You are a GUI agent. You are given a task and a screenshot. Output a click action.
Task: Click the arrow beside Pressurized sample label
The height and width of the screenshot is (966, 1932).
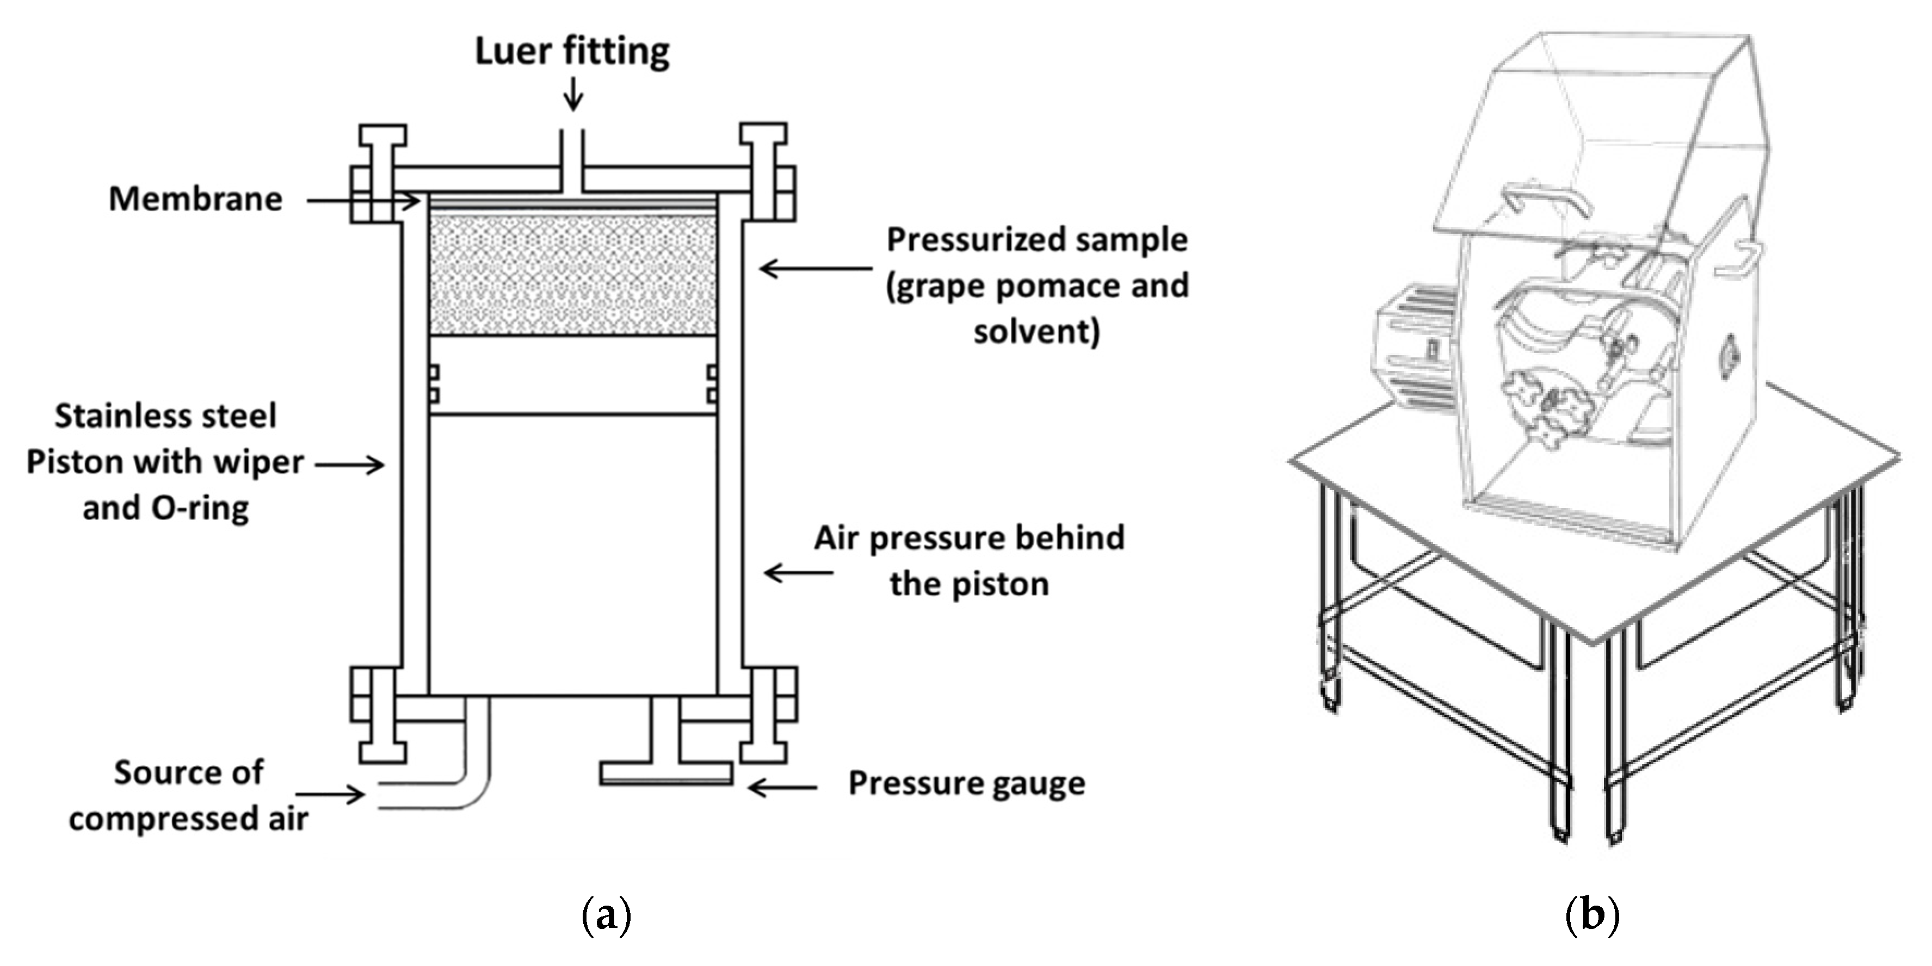[816, 268]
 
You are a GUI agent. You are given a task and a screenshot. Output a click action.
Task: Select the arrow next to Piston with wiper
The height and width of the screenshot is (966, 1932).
[349, 465]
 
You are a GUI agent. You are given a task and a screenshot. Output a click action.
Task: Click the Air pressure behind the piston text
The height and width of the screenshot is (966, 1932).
[969, 560]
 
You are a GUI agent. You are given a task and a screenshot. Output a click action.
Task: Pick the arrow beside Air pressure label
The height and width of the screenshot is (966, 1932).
[798, 573]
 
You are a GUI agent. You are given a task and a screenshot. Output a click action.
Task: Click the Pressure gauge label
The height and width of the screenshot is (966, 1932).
[966, 784]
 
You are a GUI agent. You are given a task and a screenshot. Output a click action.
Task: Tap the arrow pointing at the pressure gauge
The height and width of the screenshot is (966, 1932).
[782, 788]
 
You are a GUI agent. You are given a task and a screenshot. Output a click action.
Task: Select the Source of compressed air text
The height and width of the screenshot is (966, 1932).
[188, 795]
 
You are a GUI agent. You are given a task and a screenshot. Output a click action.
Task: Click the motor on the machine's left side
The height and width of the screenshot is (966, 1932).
[1413, 349]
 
